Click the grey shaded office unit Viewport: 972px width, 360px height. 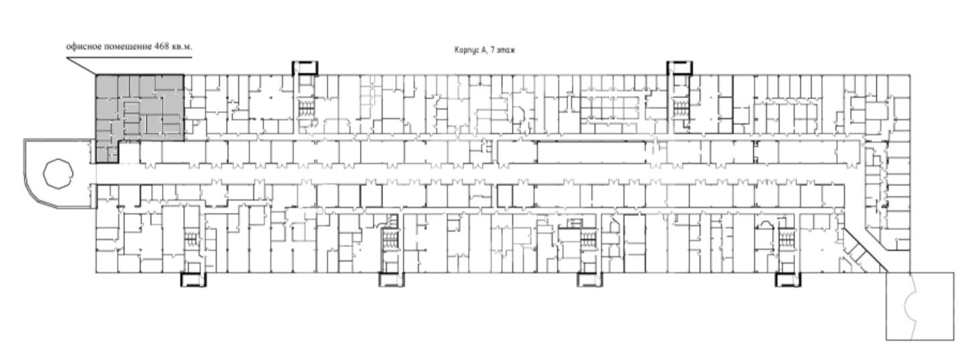139,108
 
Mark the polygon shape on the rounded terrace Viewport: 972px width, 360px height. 58,174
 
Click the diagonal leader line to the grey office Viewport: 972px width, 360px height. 81,66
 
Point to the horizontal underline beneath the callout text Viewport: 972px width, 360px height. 129,57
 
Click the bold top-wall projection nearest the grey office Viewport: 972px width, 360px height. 304,68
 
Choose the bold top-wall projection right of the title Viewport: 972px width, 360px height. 680,68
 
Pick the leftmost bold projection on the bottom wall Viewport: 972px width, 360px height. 193,279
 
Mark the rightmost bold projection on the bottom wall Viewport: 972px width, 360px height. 788,279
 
